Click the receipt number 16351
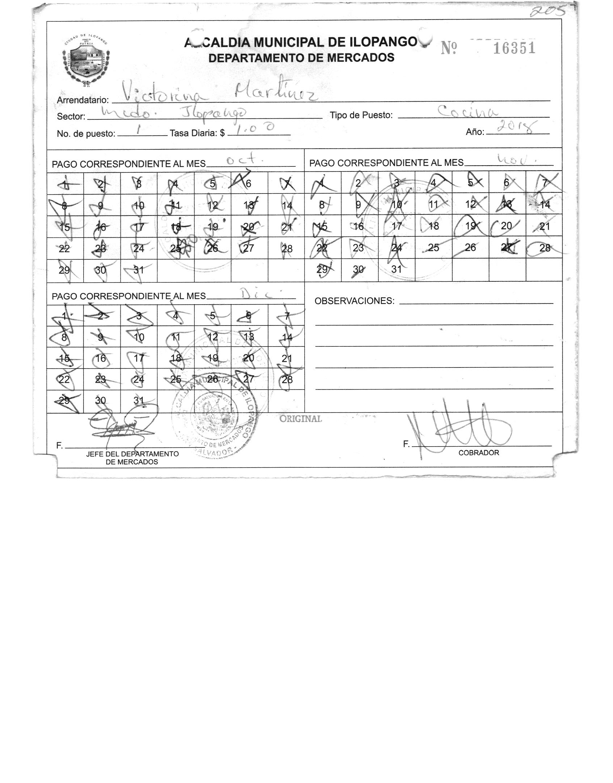tap(514, 48)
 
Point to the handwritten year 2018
tap(516, 127)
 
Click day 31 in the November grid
tap(396, 269)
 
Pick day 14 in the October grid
tap(287, 206)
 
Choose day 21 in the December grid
tap(287, 358)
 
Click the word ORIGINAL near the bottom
tap(300, 419)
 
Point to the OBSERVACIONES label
tap(354, 301)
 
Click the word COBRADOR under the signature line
tap(478, 453)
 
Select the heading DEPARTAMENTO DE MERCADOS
tap(301, 58)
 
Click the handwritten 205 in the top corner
tap(547, 12)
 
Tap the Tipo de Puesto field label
tap(361, 115)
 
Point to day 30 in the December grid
tap(101, 400)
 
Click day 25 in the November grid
tap(433, 247)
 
